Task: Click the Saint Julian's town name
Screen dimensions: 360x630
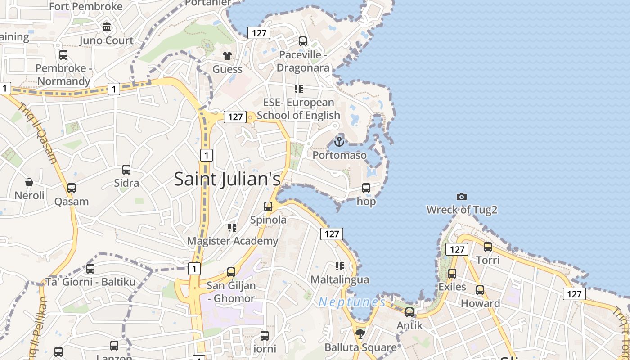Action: pos(227,179)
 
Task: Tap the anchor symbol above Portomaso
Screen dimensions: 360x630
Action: pos(339,142)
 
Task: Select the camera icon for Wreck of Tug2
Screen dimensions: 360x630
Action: pos(461,197)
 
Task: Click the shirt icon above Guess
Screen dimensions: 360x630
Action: pos(227,56)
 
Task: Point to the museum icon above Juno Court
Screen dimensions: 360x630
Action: pos(107,27)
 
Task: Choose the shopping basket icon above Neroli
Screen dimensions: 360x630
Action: pos(29,182)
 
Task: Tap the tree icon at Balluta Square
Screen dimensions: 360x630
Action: pos(360,333)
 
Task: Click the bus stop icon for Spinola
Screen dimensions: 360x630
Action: pos(268,207)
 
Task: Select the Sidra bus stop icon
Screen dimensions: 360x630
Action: pos(126,170)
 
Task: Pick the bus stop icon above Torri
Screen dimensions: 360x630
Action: pos(488,247)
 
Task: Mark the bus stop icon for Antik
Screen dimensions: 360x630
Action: pos(409,312)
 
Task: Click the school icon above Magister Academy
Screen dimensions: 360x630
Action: pos(232,228)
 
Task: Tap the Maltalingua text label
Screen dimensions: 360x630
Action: pos(340,279)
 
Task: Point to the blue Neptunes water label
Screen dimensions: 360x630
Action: pos(352,302)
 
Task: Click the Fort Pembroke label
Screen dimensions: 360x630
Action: pos(86,6)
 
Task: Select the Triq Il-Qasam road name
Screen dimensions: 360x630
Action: pos(38,133)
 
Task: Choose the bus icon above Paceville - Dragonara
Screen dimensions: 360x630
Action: pos(303,41)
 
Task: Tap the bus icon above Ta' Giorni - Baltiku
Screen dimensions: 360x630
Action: pos(90,269)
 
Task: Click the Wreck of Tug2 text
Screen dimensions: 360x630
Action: pos(462,210)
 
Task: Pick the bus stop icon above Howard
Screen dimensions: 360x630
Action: pos(480,290)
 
